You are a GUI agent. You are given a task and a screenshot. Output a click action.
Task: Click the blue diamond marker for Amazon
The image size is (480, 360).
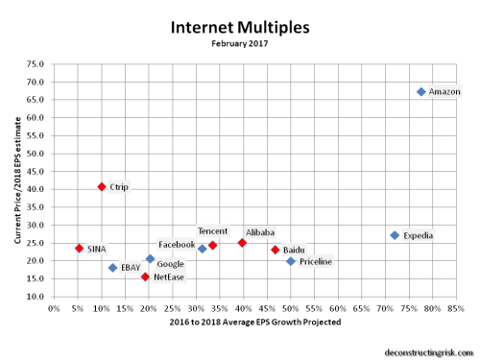(420, 91)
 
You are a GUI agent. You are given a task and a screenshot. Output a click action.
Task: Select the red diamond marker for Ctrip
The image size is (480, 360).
(102, 186)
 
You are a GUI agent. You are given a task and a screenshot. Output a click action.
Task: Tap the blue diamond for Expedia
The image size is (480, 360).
(395, 235)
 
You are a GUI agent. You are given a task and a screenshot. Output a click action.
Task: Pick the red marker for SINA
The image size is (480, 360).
(79, 248)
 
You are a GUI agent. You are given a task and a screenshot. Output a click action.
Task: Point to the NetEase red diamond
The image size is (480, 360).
(145, 276)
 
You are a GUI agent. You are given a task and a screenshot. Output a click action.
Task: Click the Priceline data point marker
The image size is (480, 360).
(291, 261)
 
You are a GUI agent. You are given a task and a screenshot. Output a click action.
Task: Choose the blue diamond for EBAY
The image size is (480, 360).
(112, 268)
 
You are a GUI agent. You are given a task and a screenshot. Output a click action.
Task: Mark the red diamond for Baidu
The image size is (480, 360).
(275, 250)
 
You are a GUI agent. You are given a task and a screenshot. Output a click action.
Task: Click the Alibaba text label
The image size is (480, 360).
(260, 232)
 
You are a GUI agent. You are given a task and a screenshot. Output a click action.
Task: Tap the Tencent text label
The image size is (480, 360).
(212, 230)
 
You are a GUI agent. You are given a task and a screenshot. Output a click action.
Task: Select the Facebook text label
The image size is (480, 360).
(177, 245)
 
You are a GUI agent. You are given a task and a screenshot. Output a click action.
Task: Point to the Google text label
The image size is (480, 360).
(170, 263)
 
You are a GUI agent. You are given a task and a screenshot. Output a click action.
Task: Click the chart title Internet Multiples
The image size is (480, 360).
(239, 28)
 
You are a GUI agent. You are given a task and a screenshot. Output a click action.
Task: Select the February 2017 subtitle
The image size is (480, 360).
(239, 44)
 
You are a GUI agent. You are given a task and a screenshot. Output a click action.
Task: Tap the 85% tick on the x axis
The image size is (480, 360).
(456, 309)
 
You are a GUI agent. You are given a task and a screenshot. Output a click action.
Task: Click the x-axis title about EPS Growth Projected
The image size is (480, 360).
(254, 323)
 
